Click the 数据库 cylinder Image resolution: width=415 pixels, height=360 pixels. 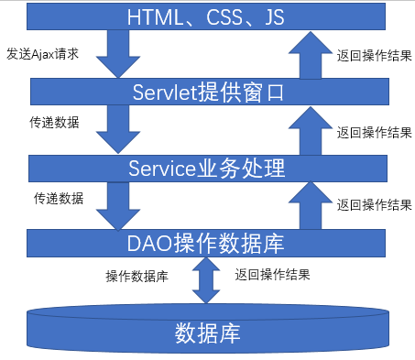click(x=207, y=333)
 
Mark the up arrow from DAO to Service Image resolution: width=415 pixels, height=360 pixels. click(x=305, y=204)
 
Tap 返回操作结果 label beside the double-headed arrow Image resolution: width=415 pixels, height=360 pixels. click(x=271, y=274)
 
